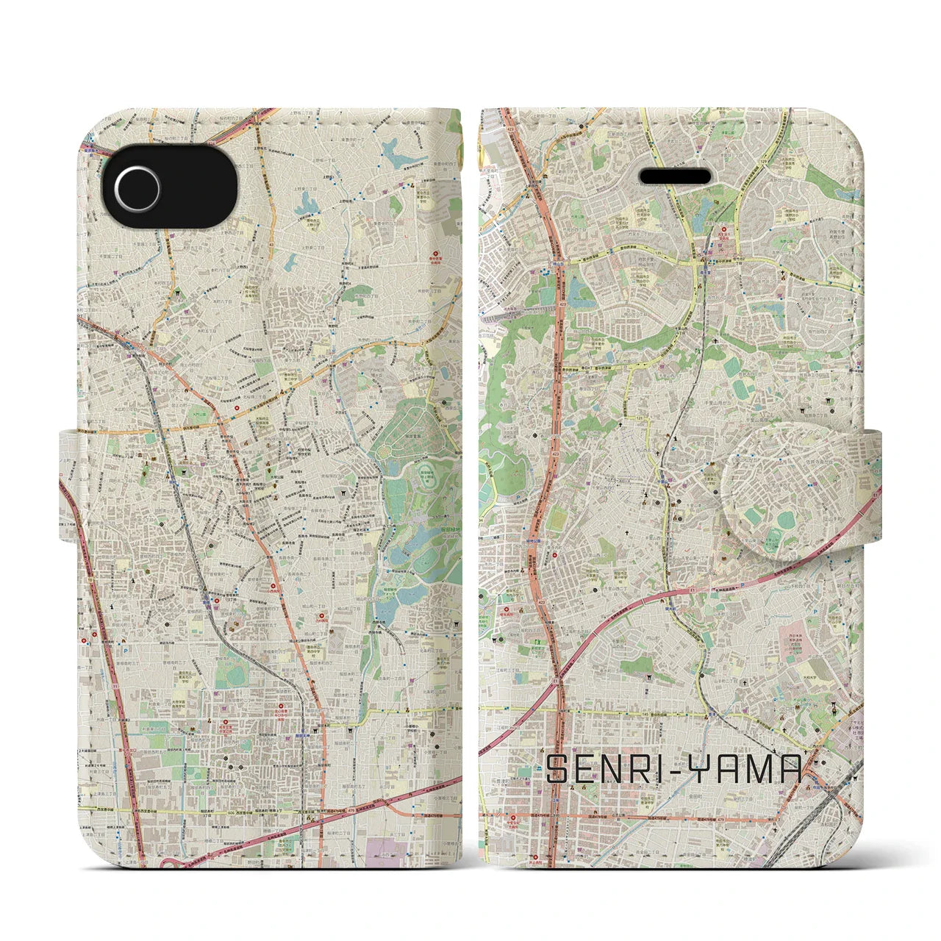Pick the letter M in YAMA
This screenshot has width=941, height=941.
[x=765, y=770]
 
